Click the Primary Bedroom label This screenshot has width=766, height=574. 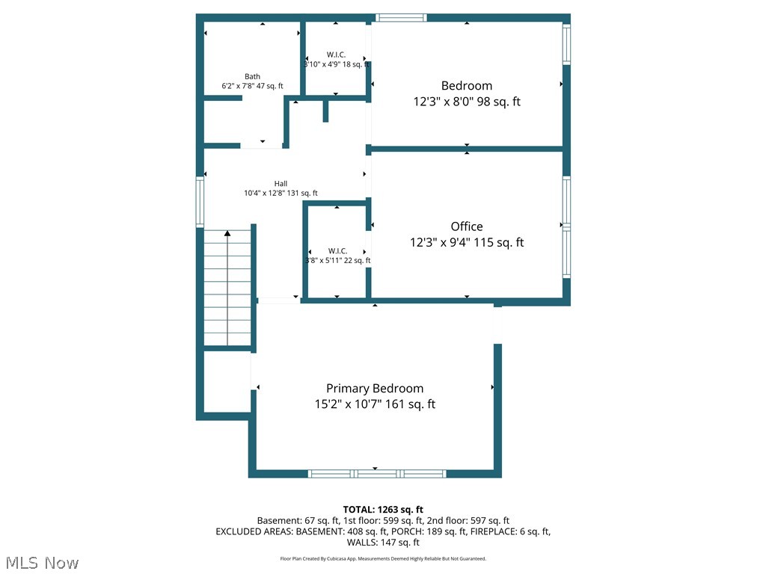(x=374, y=388)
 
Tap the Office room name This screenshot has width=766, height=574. (x=466, y=226)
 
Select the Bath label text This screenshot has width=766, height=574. (x=252, y=76)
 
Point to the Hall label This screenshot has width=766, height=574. (x=281, y=183)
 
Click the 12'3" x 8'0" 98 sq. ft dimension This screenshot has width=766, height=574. (x=466, y=102)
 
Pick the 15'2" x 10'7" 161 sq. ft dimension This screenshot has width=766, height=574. (x=374, y=404)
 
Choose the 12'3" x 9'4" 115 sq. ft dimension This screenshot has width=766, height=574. (x=466, y=242)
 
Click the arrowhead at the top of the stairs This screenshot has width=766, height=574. (x=227, y=234)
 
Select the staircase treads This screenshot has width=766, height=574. (x=227, y=291)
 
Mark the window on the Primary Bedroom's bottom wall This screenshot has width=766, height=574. (x=377, y=473)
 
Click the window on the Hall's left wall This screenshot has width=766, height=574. (x=200, y=201)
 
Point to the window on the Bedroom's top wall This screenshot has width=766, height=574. (x=401, y=17)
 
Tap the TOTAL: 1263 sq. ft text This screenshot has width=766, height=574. (x=383, y=509)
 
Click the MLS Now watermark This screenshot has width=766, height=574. (x=41, y=562)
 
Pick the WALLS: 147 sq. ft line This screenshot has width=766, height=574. (x=383, y=543)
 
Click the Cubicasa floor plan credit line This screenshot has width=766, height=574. (x=383, y=558)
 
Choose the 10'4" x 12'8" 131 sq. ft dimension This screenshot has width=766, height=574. (x=281, y=193)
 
